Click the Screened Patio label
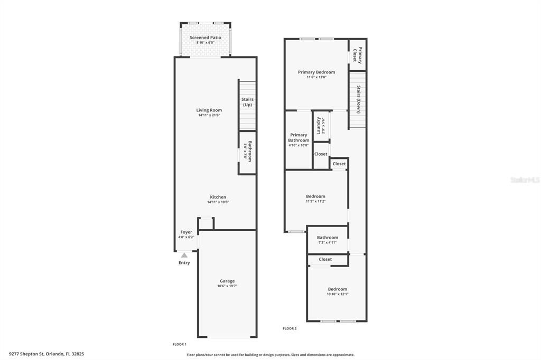(x=206, y=38)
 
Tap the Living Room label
(x=209, y=110)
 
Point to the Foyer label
(x=186, y=232)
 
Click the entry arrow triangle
(x=184, y=255)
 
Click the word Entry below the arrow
(x=184, y=263)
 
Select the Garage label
(x=227, y=281)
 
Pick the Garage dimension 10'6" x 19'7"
(x=227, y=286)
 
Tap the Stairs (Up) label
(x=247, y=102)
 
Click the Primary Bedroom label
(x=316, y=72)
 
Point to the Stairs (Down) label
(x=358, y=99)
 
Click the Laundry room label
(x=319, y=126)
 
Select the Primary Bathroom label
(x=299, y=137)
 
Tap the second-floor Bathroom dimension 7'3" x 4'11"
(x=328, y=242)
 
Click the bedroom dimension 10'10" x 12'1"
(x=337, y=294)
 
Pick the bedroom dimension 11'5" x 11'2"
(x=315, y=201)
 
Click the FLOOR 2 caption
(x=290, y=328)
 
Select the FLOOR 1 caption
(x=180, y=344)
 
